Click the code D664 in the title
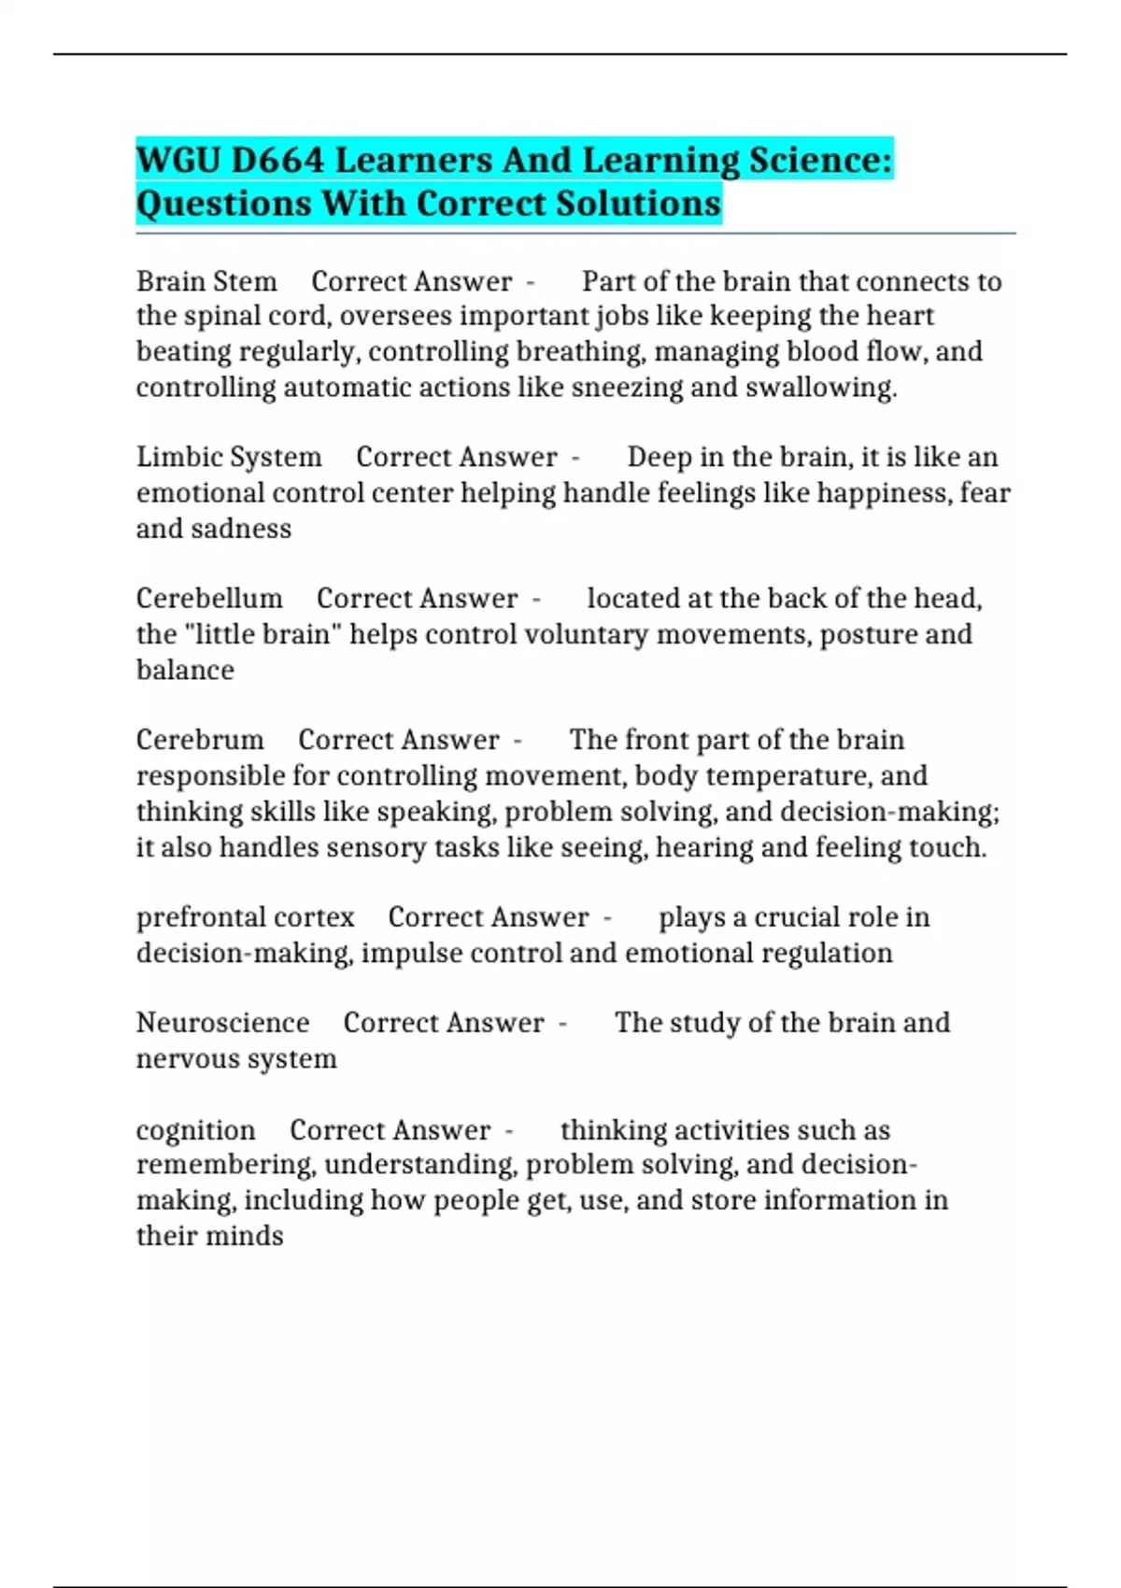tap(277, 161)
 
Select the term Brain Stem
tap(206, 281)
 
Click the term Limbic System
tap(229, 457)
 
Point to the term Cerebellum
tap(209, 598)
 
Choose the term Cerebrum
tap(200, 740)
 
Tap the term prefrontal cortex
tap(245, 917)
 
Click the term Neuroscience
tap(222, 1023)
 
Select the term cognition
tap(195, 1130)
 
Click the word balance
tap(185, 670)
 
